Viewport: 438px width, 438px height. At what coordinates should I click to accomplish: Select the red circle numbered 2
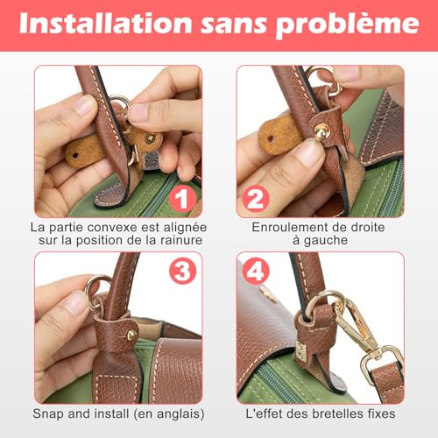tap(256, 199)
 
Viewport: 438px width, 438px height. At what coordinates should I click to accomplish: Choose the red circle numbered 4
tap(256, 271)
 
